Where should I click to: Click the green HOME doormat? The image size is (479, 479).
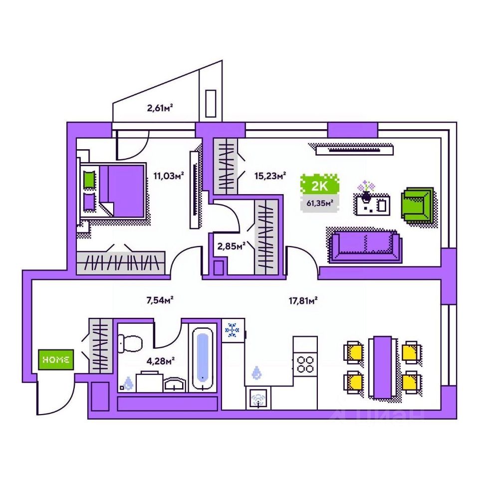[56, 359]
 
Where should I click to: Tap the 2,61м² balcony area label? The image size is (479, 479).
[163, 107]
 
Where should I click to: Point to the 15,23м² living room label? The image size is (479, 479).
[270, 175]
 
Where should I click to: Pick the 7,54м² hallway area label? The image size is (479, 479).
[159, 300]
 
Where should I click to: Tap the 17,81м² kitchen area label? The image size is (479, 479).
[303, 300]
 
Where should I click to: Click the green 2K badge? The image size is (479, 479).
[319, 187]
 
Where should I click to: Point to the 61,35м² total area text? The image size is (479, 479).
[319, 203]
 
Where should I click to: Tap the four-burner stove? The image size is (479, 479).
[305, 363]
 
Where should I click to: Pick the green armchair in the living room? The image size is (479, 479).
[417, 205]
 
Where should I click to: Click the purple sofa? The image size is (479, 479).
[365, 245]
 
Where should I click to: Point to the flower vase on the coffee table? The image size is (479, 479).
[367, 192]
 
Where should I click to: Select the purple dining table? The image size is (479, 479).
[382, 367]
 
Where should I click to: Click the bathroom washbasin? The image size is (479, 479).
[175, 384]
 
